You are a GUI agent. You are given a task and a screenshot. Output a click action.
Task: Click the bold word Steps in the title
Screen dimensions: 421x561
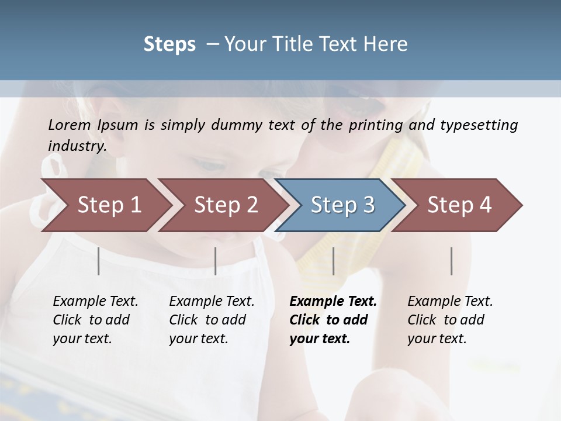(x=169, y=44)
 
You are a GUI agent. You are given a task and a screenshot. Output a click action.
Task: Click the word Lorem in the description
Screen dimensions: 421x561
(x=70, y=125)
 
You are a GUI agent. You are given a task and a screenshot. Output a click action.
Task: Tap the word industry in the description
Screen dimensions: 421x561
(x=76, y=146)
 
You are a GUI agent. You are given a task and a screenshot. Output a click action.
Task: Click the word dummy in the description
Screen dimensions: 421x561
(x=245, y=125)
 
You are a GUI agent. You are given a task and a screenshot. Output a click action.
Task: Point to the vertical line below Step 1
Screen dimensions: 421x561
(x=99, y=261)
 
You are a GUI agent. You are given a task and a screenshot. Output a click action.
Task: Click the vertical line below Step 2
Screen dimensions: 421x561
(x=216, y=261)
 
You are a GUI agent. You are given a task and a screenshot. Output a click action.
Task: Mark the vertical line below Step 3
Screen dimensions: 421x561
(x=333, y=261)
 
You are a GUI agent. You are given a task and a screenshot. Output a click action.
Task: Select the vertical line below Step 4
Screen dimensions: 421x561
(x=451, y=261)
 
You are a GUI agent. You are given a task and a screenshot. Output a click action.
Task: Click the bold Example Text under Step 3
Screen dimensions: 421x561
(x=333, y=302)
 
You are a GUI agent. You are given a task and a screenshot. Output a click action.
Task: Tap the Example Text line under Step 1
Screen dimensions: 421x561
(x=95, y=302)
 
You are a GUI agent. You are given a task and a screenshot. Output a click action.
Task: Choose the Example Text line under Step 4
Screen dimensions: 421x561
(x=450, y=302)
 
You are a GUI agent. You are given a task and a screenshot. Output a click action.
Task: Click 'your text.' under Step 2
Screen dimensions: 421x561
(x=199, y=339)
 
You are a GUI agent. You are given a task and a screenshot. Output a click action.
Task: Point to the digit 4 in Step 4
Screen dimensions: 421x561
(x=484, y=205)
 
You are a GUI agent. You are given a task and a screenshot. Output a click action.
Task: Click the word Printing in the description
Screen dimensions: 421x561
(x=376, y=125)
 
